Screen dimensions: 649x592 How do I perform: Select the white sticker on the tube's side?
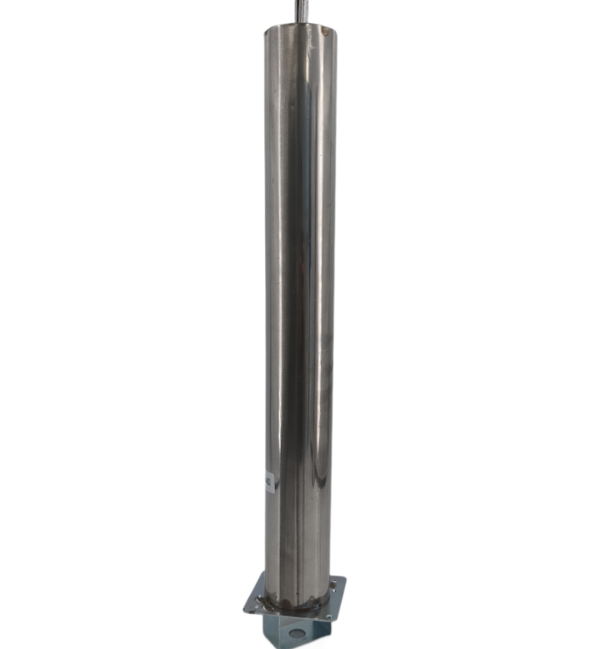click(270, 482)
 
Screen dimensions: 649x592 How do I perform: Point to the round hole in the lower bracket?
click(295, 634)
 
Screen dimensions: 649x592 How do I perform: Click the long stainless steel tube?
click(300, 298)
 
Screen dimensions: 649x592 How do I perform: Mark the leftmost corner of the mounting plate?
click(245, 607)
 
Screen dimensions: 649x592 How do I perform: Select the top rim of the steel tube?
click(300, 29)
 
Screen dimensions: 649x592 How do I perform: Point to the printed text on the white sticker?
click(270, 482)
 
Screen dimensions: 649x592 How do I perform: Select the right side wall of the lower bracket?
click(322, 632)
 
